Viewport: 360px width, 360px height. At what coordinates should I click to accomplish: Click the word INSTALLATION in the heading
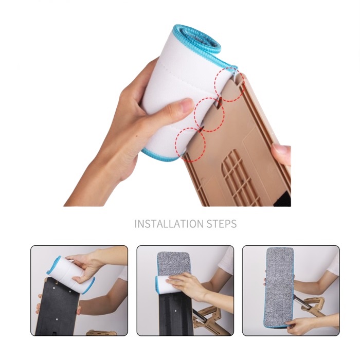click(x=169, y=224)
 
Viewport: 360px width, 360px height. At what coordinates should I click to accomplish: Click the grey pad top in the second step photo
click(x=174, y=264)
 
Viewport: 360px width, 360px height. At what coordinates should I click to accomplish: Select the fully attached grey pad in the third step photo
click(x=280, y=287)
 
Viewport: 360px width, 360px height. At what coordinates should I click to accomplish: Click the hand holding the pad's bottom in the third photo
click(x=298, y=326)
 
